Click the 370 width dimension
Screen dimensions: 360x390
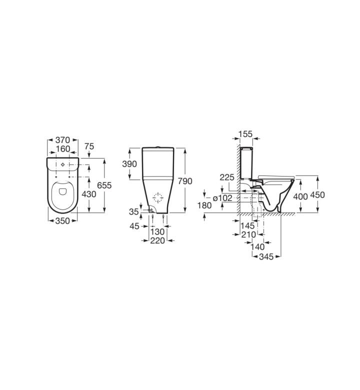click(x=62, y=140)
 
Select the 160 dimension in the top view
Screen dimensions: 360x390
click(x=63, y=148)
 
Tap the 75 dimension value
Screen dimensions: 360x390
click(x=89, y=146)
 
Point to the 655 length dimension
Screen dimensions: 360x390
click(x=104, y=185)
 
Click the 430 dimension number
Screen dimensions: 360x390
click(x=89, y=194)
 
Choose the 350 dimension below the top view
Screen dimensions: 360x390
click(x=62, y=220)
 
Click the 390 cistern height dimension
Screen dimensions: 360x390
click(x=129, y=164)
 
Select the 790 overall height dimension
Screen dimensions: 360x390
click(x=185, y=181)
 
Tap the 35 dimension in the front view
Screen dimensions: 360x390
click(x=133, y=211)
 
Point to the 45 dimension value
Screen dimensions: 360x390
click(x=134, y=226)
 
